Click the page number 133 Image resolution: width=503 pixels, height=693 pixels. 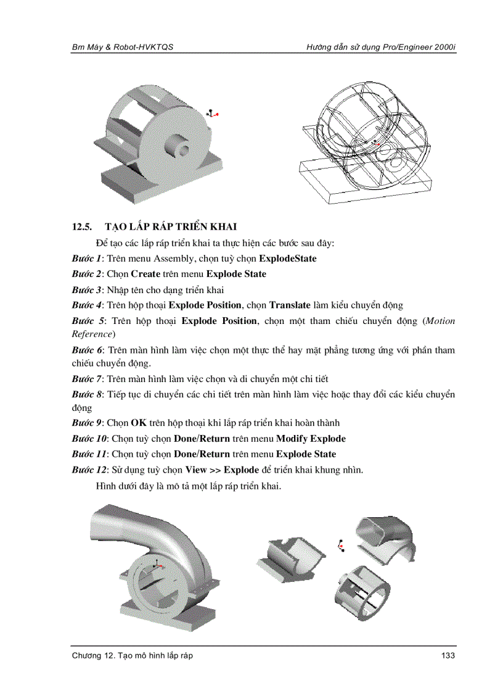point(448,655)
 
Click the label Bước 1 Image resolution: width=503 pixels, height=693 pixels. point(86,259)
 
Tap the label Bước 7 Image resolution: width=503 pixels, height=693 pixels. point(86,378)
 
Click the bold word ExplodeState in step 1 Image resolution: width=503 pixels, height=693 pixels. point(288,259)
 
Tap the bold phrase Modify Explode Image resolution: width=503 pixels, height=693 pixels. point(311,439)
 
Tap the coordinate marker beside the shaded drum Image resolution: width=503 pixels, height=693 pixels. point(212,114)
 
